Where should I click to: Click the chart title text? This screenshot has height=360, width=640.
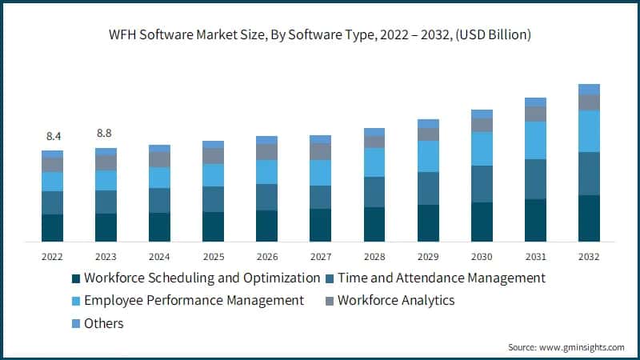click(320, 35)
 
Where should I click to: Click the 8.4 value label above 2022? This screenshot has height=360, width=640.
click(52, 137)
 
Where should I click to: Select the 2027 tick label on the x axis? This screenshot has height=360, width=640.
click(320, 257)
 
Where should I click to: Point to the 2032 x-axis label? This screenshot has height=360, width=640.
click(589, 257)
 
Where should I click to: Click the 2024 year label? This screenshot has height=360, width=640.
click(159, 257)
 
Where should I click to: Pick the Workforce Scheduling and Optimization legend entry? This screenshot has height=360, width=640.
click(196, 278)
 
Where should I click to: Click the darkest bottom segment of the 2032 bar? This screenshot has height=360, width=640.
click(589, 218)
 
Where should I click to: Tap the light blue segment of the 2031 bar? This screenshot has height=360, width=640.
click(535, 140)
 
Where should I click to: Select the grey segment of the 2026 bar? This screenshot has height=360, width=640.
click(266, 151)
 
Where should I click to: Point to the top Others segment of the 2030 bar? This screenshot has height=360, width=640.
click(482, 114)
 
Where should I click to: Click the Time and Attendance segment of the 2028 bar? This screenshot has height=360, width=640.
click(374, 192)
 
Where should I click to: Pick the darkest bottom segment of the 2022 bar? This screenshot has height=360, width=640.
click(52, 228)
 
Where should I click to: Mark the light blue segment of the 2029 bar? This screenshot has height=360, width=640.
click(428, 156)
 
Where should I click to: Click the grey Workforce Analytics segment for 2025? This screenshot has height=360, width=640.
click(213, 155)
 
